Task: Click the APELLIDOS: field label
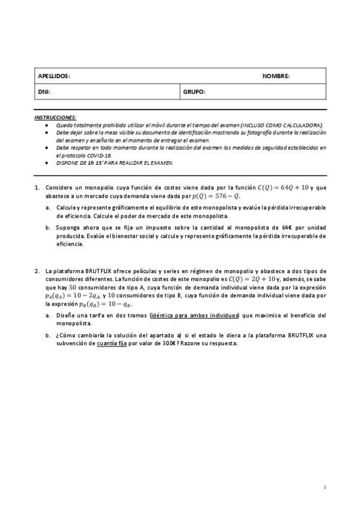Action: click(54, 76)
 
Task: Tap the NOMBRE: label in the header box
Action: click(276, 76)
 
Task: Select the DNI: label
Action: click(44, 92)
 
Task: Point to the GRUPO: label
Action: click(195, 92)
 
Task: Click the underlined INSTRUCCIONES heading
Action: click(55, 117)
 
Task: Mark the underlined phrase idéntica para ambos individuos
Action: click(195, 315)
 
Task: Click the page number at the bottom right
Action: click(325, 487)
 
